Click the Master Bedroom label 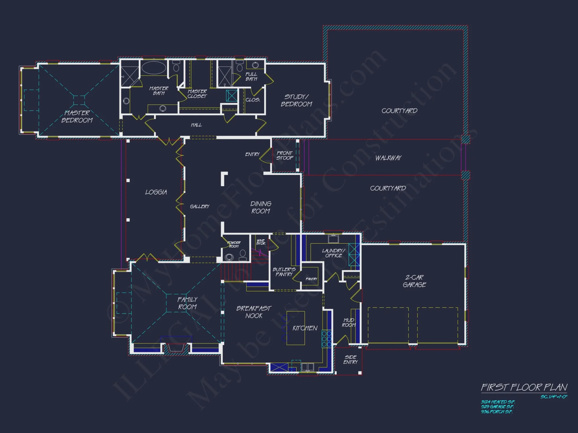coord(77,116)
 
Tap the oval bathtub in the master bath coord(154,68)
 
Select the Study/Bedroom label coord(296,100)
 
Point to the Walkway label coord(388,158)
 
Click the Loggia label coord(156,192)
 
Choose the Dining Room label coord(261,207)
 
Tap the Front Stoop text coord(285,155)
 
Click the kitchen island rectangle coord(295,328)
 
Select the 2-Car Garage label coord(414,281)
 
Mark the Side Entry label coord(350,359)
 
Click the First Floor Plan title coord(524,387)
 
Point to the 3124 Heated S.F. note coord(498,402)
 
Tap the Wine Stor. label coord(261,242)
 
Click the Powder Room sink coord(229,257)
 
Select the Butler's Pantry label coord(284,272)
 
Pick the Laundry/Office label coord(334,253)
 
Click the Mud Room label coord(349,322)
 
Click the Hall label coord(196,125)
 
